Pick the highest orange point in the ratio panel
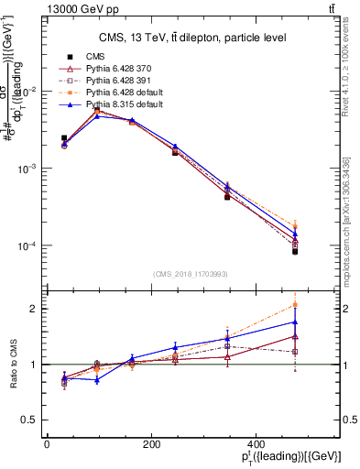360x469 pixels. click(x=295, y=304)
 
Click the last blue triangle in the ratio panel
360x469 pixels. click(x=295, y=322)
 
